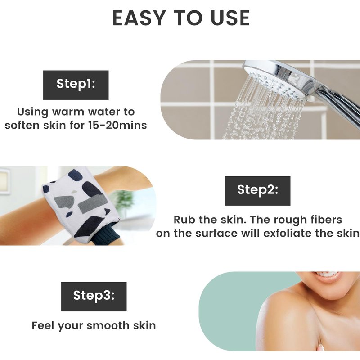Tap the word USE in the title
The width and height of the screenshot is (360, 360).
pyautogui.click(x=230, y=18)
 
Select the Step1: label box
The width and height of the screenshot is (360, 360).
pyautogui.click(x=76, y=85)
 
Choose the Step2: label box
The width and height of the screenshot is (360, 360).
pyautogui.click(x=257, y=191)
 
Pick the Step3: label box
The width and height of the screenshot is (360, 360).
pyautogui.click(x=94, y=297)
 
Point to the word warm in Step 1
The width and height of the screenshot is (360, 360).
pyautogui.click(x=68, y=112)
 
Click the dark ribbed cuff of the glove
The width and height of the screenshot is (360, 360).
pyautogui.click(x=106, y=234)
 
